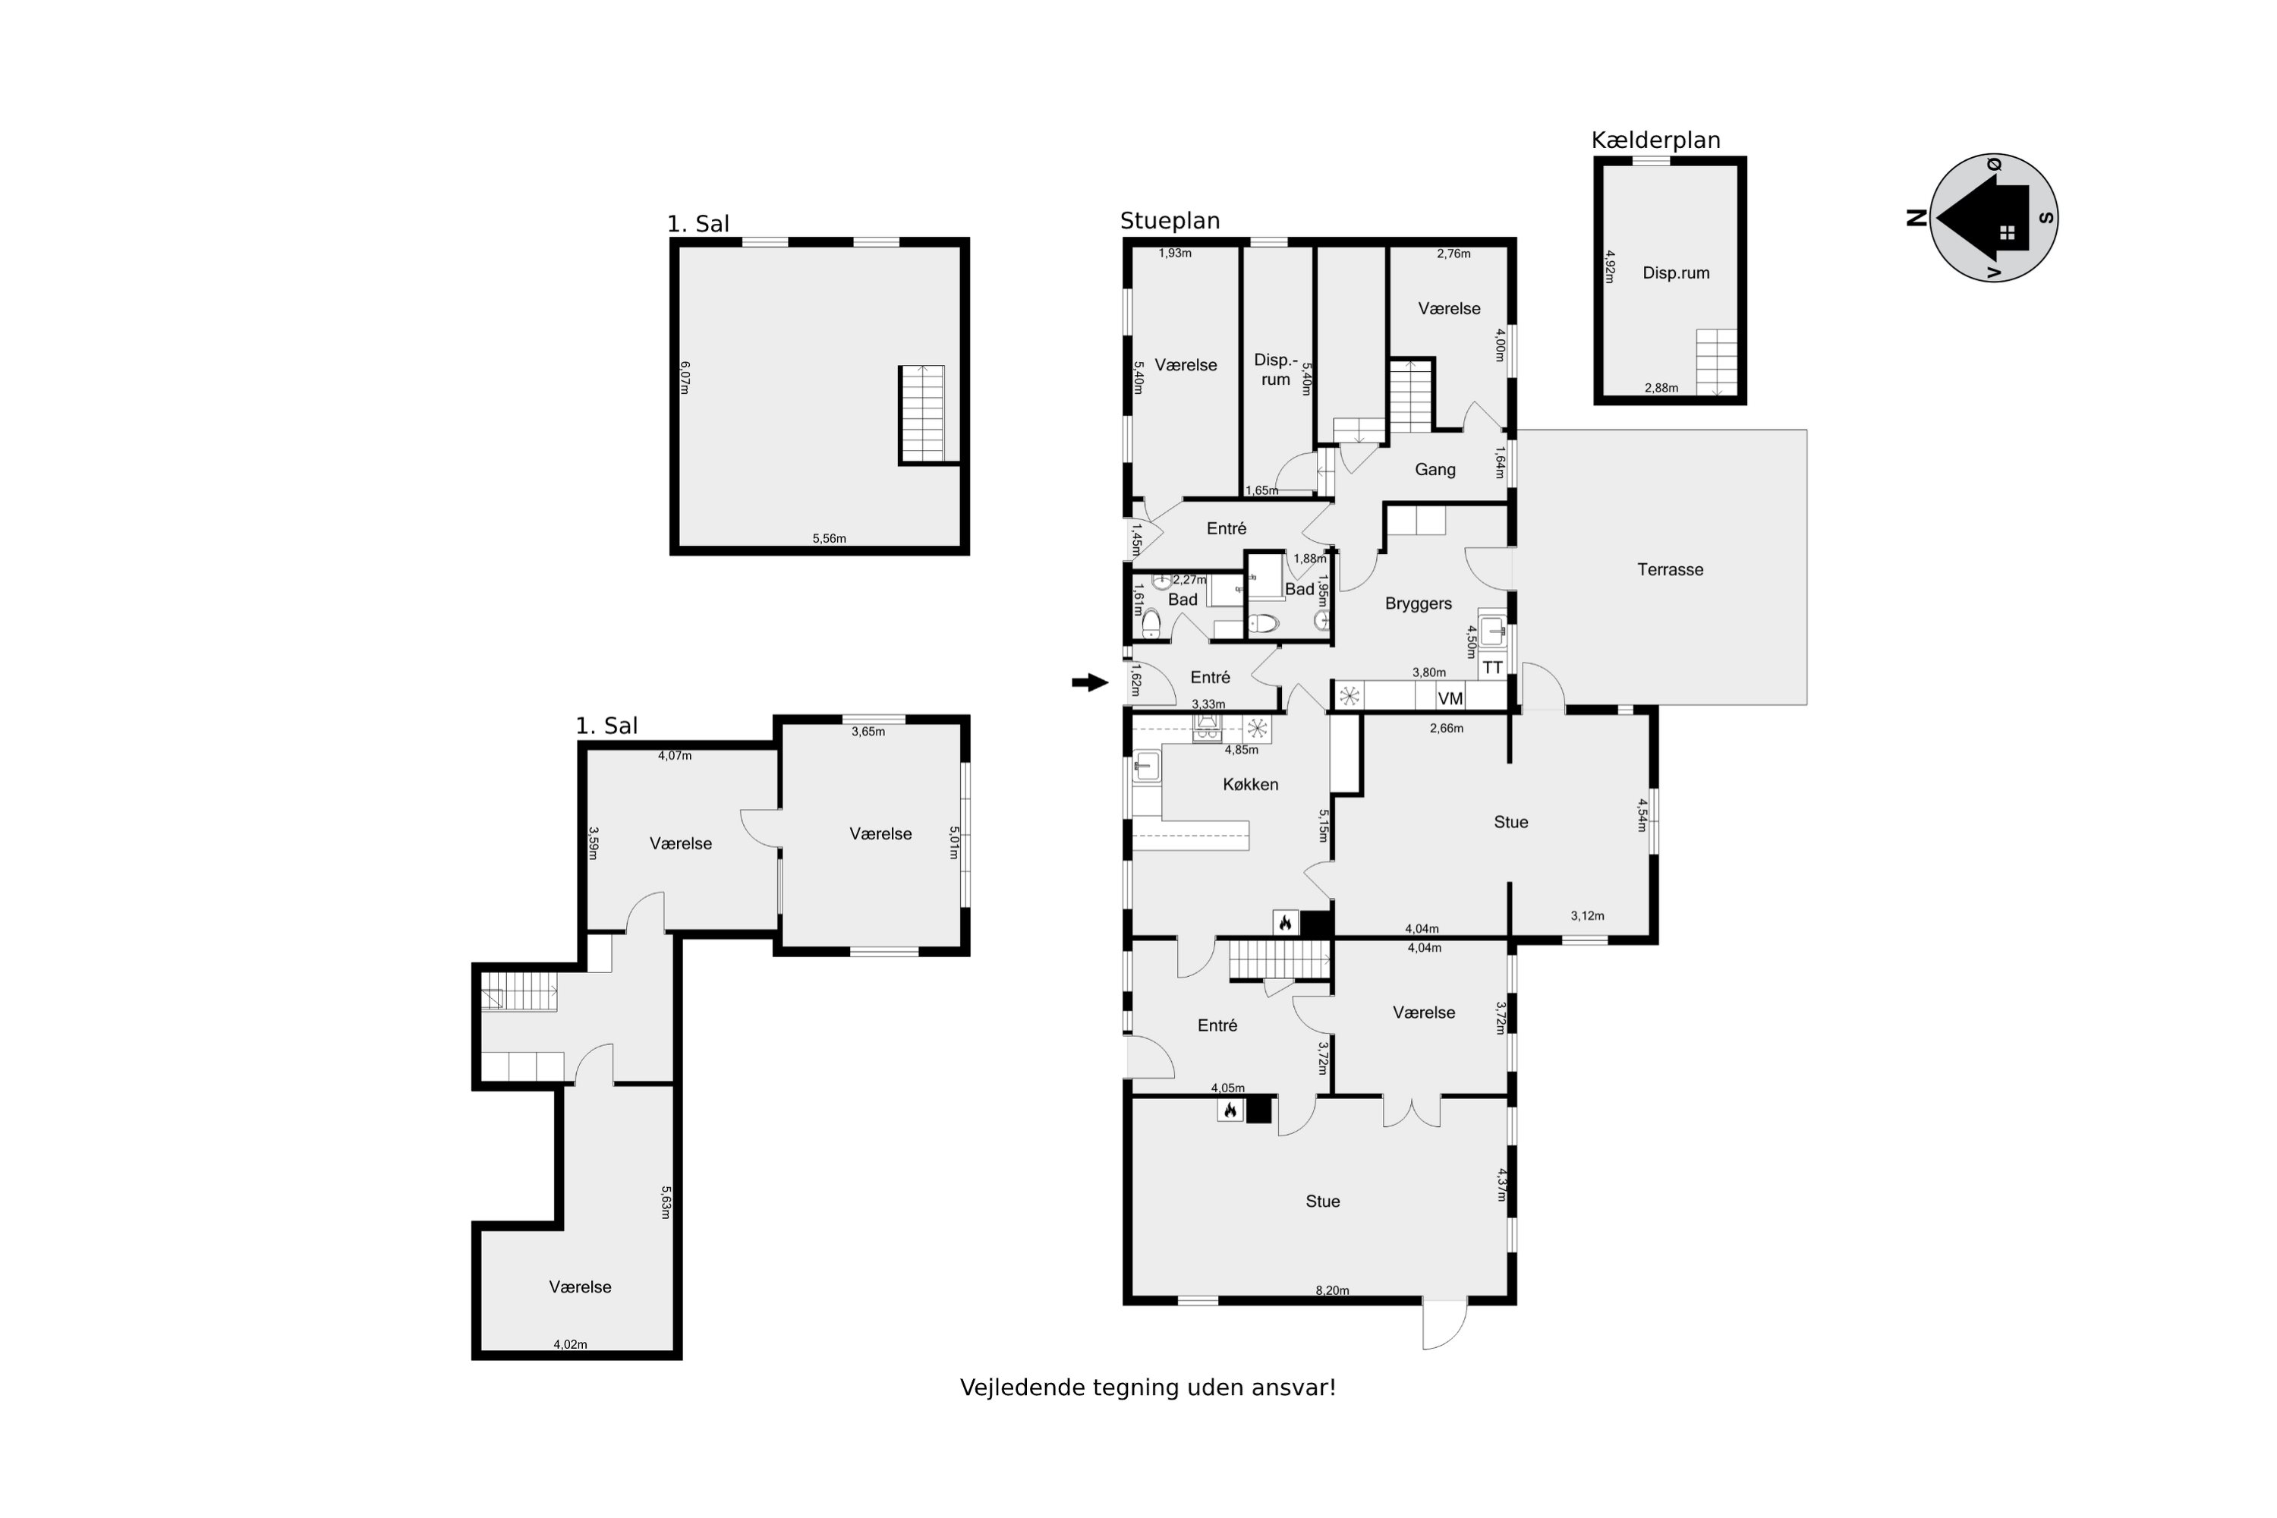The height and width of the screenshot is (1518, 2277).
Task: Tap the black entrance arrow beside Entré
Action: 1089,682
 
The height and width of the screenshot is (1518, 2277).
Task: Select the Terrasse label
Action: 1670,569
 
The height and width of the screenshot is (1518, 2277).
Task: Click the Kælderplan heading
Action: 1655,140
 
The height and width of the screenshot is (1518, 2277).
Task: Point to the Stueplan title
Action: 1170,221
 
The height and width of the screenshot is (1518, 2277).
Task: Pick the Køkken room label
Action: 1250,784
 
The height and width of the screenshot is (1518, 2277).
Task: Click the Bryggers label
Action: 1419,603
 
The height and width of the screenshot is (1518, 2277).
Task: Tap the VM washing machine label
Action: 1449,698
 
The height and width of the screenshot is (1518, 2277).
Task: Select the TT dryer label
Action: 1492,667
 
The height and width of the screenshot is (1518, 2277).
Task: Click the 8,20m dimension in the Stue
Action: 1332,1290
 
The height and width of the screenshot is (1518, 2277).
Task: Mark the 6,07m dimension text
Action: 685,377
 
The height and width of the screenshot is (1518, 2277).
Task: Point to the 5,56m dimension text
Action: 829,538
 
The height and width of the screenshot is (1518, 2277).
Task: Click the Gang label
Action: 1435,470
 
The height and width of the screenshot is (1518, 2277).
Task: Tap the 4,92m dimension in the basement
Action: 1610,266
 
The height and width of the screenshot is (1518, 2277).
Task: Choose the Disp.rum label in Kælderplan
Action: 1676,273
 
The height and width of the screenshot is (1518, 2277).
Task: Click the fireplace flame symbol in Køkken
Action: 1285,923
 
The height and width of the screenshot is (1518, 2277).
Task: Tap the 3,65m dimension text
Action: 868,732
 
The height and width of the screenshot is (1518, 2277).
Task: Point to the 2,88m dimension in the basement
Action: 1661,388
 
